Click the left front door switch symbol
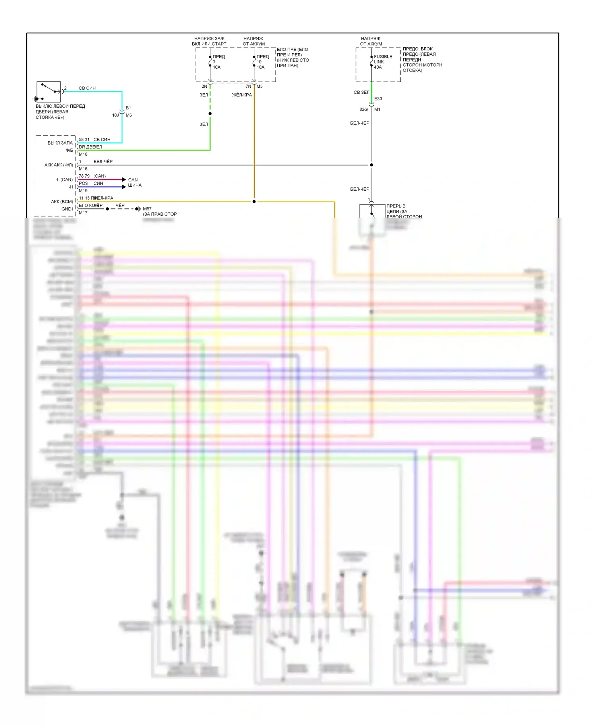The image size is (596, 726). [48, 92]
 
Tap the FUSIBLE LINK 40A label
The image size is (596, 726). [383, 62]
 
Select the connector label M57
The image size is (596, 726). [147, 209]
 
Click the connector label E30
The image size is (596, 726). [378, 99]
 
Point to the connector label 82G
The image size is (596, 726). [364, 110]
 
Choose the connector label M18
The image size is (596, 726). [83, 154]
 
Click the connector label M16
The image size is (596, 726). [83, 169]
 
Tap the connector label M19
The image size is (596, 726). [83, 191]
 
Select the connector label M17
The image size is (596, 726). [83, 213]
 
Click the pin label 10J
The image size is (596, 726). [115, 115]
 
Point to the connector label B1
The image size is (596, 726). [128, 108]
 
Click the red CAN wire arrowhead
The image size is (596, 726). [124, 180]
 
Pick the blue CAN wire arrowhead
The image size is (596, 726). [124, 187]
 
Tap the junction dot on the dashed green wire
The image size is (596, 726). [210, 114]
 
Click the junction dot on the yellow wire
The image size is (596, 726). [254, 202]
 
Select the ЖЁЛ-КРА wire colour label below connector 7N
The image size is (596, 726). [242, 95]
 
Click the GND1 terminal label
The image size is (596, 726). [67, 209]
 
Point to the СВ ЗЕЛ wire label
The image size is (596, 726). [361, 93]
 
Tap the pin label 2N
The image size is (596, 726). [204, 87]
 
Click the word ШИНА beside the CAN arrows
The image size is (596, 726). [135, 185]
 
